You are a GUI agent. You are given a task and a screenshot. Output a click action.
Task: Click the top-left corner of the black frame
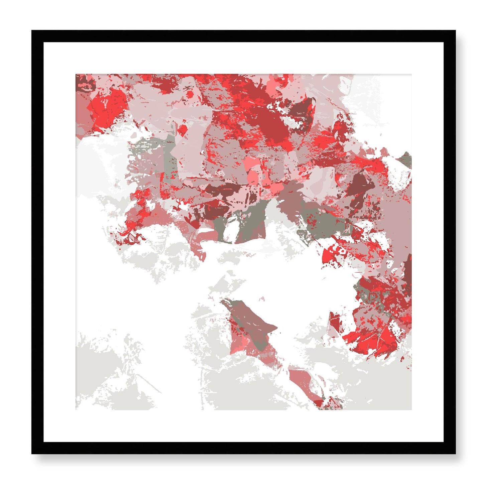click(x=32, y=31)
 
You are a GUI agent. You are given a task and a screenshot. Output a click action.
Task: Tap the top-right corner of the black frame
click(x=455, y=31)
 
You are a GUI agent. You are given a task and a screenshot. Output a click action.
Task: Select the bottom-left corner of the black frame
click(x=32, y=454)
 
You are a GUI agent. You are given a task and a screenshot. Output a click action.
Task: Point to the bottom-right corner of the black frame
click(x=455, y=454)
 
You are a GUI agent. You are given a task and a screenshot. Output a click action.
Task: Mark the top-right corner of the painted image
click(x=411, y=75)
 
